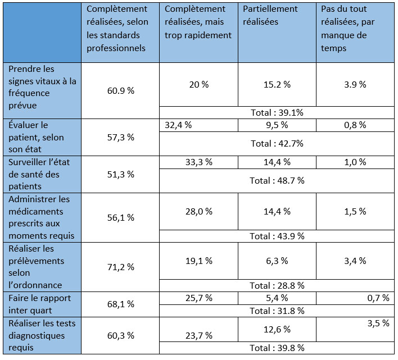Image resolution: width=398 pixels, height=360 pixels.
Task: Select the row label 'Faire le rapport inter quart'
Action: [x=39, y=304]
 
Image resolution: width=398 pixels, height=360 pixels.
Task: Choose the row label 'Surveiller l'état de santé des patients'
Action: [x=39, y=174]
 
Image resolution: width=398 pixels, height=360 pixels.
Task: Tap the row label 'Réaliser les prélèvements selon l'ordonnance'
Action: [x=39, y=267]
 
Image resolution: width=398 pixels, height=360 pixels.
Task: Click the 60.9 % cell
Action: [x=120, y=90]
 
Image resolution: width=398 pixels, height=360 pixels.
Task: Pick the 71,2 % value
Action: [x=120, y=267]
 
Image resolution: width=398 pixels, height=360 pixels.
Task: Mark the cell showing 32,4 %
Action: [x=178, y=125]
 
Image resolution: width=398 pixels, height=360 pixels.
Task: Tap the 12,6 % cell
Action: [x=276, y=329]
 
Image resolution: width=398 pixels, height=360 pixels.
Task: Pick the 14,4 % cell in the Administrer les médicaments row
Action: [x=276, y=211]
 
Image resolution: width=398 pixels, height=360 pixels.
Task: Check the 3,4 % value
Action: [x=355, y=261]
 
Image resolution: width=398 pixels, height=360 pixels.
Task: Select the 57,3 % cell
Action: [x=120, y=137]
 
